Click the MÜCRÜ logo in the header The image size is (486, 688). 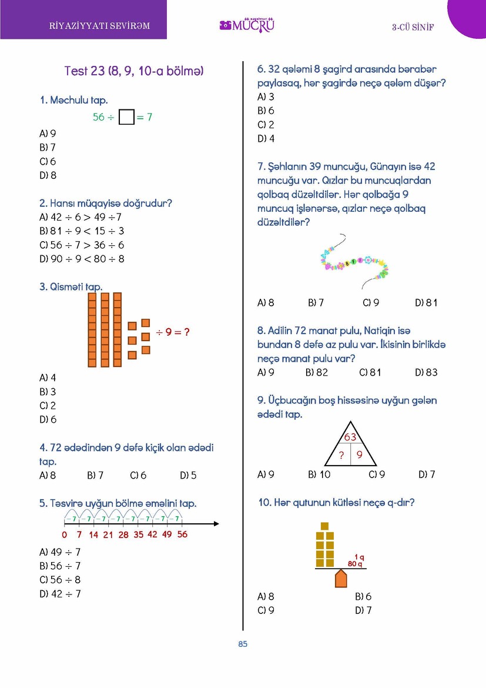pyautogui.click(x=247, y=25)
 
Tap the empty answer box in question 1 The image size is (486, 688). pyautogui.click(x=126, y=118)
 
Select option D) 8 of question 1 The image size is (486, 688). pyautogui.click(x=48, y=175)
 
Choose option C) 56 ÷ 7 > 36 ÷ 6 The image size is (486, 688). pyautogui.click(x=82, y=245)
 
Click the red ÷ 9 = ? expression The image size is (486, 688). pyautogui.click(x=173, y=332)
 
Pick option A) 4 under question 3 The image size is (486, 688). pyautogui.click(x=48, y=378)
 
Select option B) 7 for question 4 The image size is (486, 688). pyautogui.click(x=95, y=475)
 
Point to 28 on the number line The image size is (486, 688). pyautogui.click(x=123, y=535)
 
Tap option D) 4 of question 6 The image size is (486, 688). pyautogui.click(x=266, y=139)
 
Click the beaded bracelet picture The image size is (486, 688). pyautogui.click(x=355, y=262)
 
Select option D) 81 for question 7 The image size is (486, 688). pyautogui.click(x=426, y=303)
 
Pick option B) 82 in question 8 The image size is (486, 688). pyautogui.click(x=317, y=372)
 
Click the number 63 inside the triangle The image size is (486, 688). pyautogui.click(x=351, y=437)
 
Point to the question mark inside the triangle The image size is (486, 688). pyautogui.click(x=341, y=455)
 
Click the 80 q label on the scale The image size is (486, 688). pyautogui.click(x=355, y=564)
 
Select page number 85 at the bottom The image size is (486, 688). pyautogui.click(x=243, y=644)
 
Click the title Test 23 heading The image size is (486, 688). pyautogui.click(x=133, y=71)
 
